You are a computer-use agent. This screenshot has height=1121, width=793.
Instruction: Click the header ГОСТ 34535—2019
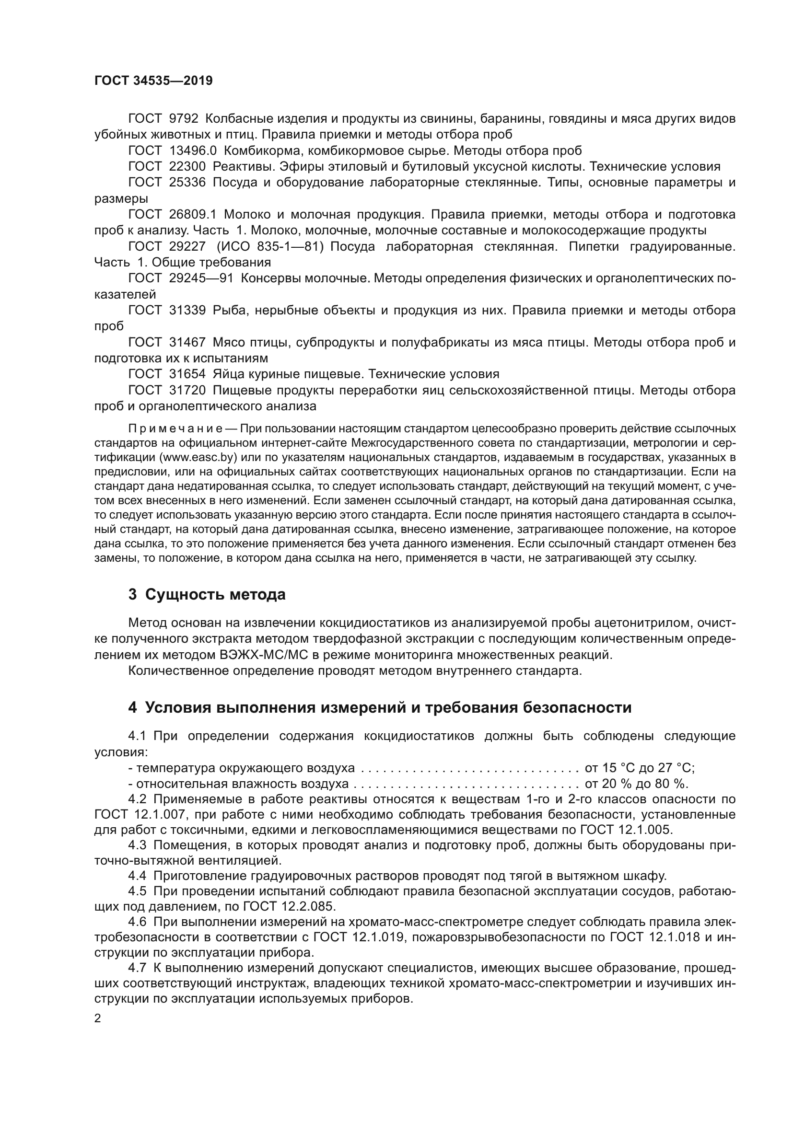click(x=153, y=81)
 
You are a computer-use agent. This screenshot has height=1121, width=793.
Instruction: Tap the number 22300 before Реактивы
click(x=187, y=167)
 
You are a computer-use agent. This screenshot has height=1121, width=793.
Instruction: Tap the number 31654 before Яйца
click(x=187, y=374)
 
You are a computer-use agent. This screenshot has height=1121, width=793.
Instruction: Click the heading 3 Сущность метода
click(x=207, y=595)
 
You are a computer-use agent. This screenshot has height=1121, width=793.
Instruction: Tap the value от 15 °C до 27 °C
click(x=639, y=768)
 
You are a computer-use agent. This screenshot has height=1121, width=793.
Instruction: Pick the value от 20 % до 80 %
click(x=636, y=784)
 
